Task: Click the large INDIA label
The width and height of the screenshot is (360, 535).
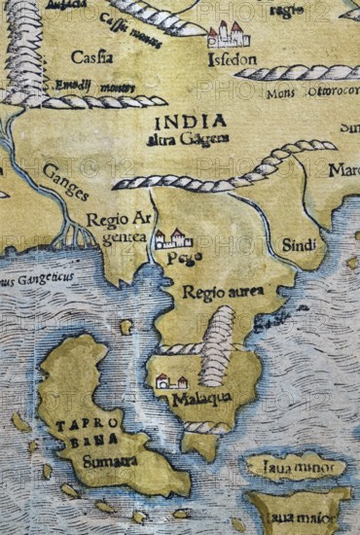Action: [190, 122]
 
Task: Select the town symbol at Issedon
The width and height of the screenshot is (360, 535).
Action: [228, 35]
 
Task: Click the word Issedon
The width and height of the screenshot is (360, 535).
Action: [231, 58]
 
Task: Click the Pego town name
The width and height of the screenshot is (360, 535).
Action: [175, 261]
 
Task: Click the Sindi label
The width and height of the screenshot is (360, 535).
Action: [298, 245]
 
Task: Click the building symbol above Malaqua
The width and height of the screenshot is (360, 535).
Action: [171, 381]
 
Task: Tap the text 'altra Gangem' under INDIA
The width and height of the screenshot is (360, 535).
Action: [190, 139]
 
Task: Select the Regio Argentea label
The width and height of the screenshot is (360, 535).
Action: [115, 228]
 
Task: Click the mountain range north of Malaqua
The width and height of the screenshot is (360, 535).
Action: [220, 345]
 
